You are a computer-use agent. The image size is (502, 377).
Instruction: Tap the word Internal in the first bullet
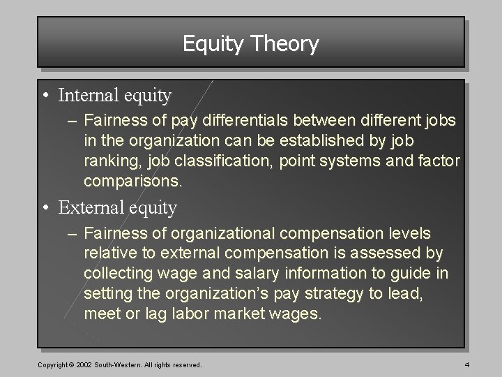(x=87, y=94)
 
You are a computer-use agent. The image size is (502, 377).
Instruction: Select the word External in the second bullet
(x=89, y=207)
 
